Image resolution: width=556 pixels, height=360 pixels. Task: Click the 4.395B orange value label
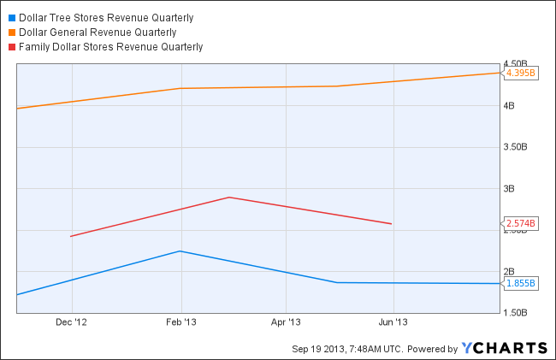pos(520,73)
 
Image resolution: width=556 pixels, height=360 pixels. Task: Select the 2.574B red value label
pos(520,224)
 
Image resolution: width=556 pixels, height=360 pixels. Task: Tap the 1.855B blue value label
pos(520,283)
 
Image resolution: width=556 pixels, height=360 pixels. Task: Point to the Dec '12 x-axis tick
pos(72,322)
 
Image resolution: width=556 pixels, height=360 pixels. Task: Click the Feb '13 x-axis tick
pos(180,322)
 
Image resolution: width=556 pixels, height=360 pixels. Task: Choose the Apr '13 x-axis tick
pos(286,322)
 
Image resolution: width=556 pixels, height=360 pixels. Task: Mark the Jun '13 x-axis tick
pos(393,322)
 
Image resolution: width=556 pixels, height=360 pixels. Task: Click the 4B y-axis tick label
pos(510,106)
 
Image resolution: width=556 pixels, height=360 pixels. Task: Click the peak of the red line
pos(229,198)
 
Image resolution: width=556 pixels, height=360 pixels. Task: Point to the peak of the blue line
pos(180,251)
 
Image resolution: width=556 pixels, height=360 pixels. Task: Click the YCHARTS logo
pos(504,347)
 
